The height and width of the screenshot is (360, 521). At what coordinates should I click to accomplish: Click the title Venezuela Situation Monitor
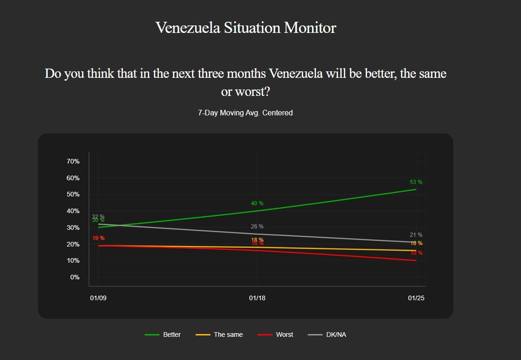[x=246, y=28]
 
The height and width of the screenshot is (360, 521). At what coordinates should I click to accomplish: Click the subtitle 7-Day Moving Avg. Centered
[x=245, y=113]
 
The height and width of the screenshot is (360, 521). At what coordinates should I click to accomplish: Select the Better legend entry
[x=163, y=335]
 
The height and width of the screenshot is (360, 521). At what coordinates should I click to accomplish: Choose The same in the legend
[x=219, y=335]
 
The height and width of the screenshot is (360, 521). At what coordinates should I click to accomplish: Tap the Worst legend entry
[x=275, y=335]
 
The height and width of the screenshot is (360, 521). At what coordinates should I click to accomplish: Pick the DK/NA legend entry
[x=327, y=335]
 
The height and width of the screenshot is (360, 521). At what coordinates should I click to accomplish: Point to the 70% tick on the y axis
[x=73, y=161]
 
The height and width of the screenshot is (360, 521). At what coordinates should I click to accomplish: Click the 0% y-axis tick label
[x=75, y=277]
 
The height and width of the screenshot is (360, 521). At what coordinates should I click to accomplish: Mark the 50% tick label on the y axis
[x=73, y=194]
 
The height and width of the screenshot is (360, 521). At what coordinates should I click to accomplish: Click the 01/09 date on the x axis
[x=98, y=298]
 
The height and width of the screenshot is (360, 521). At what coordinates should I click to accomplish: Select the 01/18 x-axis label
[x=257, y=298]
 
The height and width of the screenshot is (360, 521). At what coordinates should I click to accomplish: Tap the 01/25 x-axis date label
[x=416, y=298]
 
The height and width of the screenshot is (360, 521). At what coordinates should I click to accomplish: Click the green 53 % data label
[x=416, y=182]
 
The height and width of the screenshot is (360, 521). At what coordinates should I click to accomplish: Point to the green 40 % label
[x=257, y=203]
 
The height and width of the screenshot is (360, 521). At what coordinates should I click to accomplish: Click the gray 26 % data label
[x=257, y=227]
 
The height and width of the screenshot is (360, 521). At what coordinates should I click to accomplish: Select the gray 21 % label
[x=416, y=235]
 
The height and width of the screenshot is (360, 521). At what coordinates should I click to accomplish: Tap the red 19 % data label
[x=98, y=238]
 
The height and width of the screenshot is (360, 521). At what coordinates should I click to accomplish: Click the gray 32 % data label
[x=98, y=216]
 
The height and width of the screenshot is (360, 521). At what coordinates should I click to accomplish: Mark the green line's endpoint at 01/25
[x=416, y=189]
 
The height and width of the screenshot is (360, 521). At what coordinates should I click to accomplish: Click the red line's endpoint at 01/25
[x=416, y=260]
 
